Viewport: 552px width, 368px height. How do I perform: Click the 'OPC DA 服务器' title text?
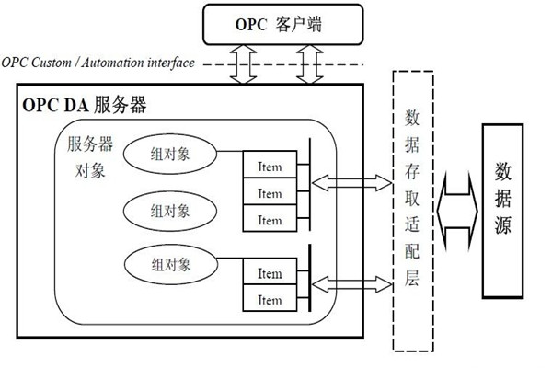(x=84, y=104)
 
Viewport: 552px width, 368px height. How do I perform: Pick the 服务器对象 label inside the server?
(x=90, y=157)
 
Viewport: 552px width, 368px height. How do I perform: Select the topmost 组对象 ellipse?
(x=170, y=154)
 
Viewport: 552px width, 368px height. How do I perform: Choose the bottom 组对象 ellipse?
(x=170, y=264)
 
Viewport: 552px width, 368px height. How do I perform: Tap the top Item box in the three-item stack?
(x=270, y=167)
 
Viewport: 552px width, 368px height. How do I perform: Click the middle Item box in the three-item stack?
(x=270, y=193)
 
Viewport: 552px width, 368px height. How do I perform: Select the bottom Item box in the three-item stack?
(x=270, y=220)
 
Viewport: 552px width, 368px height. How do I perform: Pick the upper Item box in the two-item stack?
(x=270, y=273)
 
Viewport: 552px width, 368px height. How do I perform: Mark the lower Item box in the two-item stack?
(x=270, y=299)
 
